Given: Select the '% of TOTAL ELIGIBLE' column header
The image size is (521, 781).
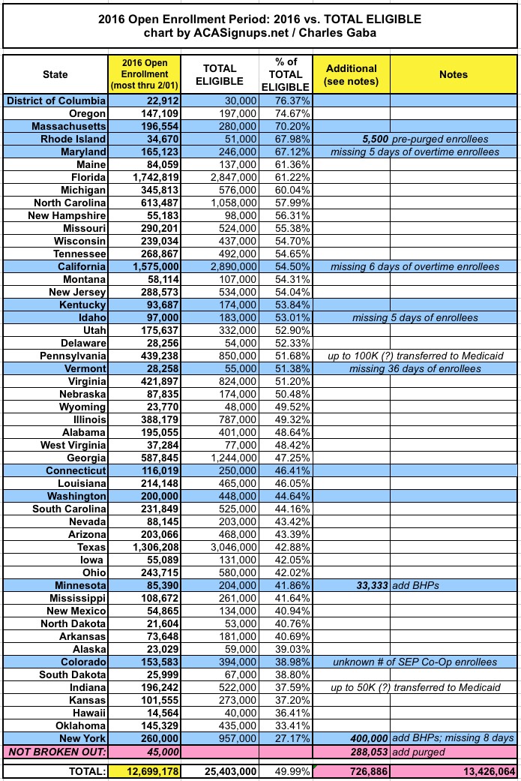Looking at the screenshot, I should pos(286,75).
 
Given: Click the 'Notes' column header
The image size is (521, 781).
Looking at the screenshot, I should pos(454,75).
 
